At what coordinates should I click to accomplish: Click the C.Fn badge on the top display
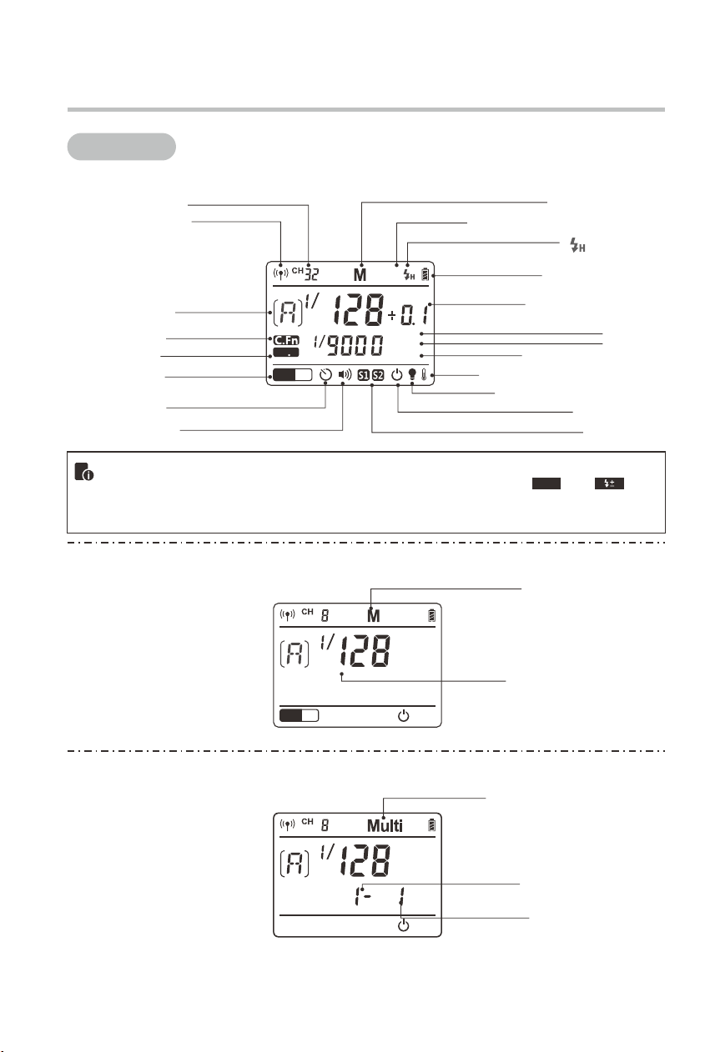(x=286, y=339)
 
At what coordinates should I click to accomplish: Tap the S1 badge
(x=363, y=375)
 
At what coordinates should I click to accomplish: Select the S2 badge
(x=378, y=375)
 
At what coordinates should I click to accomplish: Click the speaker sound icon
(x=345, y=374)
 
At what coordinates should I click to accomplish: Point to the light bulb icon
(x=412, y=373)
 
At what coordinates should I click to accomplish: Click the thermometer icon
(x=424, y=374)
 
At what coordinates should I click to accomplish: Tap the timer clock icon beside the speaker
(x=325, y=374)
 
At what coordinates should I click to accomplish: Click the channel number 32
(x=312, y=273)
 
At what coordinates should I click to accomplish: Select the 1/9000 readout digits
(x=348, y=345)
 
